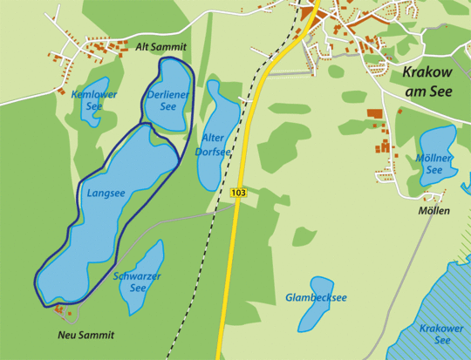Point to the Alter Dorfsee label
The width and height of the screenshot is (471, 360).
(x=214, y=145)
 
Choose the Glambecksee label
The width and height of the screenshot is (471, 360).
(x=316, y=298)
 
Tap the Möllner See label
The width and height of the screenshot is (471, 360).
(x=434, y=164)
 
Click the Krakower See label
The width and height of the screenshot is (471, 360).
(x=441, y=334)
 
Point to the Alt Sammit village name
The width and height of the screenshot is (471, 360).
(x=161, y=46)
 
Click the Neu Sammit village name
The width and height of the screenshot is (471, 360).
(x=86, y=335)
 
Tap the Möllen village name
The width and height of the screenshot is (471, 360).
(x=433, y=211)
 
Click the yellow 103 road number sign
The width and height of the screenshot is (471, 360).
(x=238, y=191)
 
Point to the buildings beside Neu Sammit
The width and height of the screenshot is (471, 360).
(x=60, y=309)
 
